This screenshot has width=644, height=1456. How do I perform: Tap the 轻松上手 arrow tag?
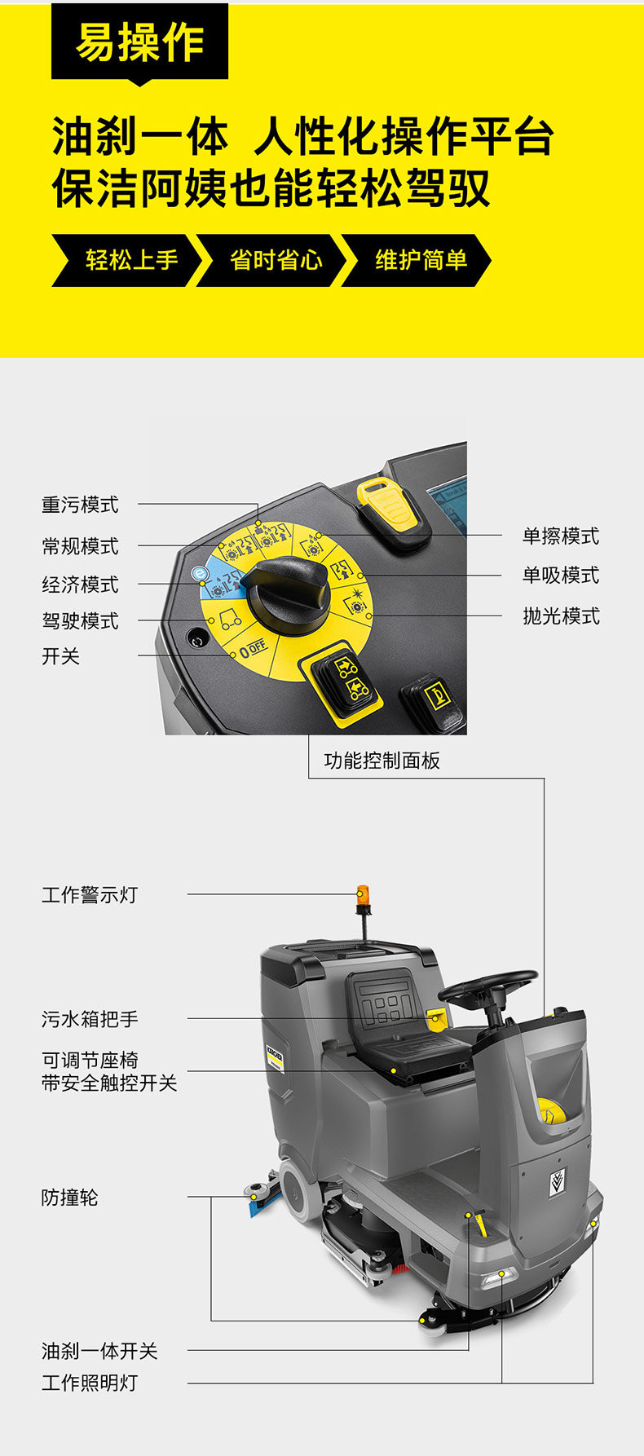[126, 261]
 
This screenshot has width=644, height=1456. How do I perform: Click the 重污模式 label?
[80, 505]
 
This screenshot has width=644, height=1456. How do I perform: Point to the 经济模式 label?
[80, 584]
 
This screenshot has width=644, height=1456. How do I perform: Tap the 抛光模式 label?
[561, 615]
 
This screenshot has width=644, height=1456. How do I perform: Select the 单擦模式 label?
[561, 536]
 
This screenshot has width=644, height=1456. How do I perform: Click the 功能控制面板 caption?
[382, 761]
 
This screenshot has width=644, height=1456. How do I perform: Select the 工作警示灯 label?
[90, 894]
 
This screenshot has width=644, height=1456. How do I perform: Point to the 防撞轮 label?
[70, 1197]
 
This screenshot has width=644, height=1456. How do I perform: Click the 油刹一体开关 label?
[99, 1351]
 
